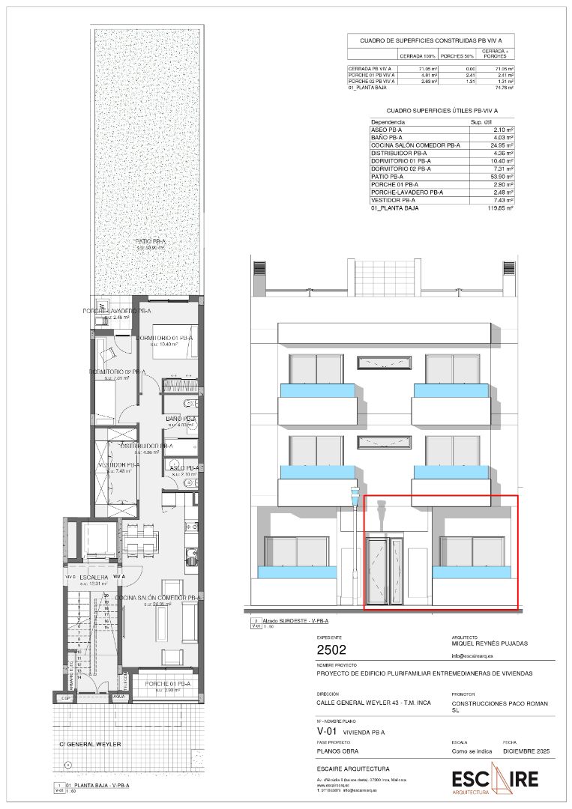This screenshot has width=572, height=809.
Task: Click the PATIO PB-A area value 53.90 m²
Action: pos(501,176)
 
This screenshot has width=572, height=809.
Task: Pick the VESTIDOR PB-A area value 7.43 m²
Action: pos(501,200)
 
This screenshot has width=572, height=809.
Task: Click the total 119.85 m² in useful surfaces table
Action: pos(499,208)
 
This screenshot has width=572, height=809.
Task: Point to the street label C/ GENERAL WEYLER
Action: pos(90,744)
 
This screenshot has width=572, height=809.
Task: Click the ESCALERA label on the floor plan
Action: pos(96,577)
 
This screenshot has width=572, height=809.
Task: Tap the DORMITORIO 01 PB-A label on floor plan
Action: pos(166,339)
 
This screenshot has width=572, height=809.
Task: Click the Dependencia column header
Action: pos(388,121)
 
